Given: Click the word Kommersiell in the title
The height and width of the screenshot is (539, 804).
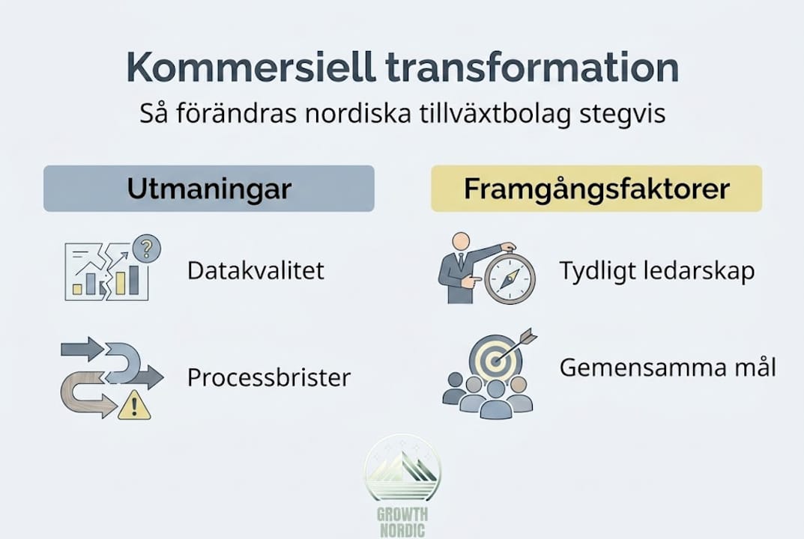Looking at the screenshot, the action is pyautogui.click(x=251, y=67).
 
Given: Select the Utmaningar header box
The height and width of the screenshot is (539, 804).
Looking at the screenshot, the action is pyautogui.click(x=209, y=189).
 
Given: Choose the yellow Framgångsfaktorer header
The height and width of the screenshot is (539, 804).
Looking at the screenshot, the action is pyautogui.click(x=596, y=189).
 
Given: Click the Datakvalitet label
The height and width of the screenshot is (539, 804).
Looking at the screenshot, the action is pyautogui.click(x=256, y=270).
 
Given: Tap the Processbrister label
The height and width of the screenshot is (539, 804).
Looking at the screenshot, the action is pyautogui.click(x=269, y=377).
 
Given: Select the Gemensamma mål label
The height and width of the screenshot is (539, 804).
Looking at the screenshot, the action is pyautogui.click(x=668, y=368).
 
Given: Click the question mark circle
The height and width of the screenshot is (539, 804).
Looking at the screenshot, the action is pyautogui.click(x=146, y=249).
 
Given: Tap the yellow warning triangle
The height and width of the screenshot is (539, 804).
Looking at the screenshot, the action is pyautogui.click(x=134, y=405).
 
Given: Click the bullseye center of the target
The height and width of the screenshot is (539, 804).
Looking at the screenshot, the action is pyautogui.click(x=495, y=362).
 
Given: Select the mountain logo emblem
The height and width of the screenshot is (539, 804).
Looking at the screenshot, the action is pyautogui.click(x=402, y=469).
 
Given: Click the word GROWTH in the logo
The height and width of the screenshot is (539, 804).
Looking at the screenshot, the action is pyautogui.click(x=402, y=514).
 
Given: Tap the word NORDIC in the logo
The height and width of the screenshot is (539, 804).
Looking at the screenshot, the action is pyautogui.click(x=402, y=530).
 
